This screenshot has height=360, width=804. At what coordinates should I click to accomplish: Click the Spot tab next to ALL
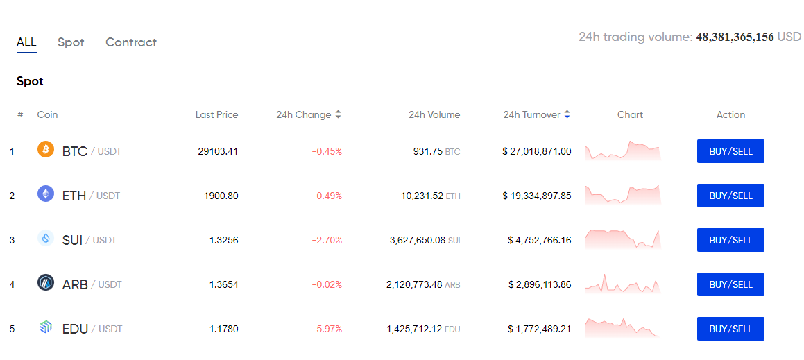(x=71, y=42)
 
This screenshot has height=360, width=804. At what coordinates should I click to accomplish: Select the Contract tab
(x=131, y=42)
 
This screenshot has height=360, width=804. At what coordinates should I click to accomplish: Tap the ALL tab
(x=26, y=42)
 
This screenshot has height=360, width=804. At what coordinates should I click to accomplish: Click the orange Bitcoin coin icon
(x=46, y=150)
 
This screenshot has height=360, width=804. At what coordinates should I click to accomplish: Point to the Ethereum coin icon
(x=46, y=194)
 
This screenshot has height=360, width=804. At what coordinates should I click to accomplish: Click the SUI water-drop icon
(x=46, y=239)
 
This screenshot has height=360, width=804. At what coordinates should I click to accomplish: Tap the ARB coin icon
(x=46, y=282)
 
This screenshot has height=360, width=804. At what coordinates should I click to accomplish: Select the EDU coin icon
(x=46, y=327)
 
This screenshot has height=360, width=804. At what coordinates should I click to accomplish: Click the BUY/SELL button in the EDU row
(x=730, y=329)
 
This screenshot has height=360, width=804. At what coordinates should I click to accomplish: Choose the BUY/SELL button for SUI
(x=730, y=240)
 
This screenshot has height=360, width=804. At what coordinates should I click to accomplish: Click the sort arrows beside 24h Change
(x=338, y=115)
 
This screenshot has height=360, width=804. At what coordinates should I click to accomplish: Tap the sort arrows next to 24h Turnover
(x=567, y=115)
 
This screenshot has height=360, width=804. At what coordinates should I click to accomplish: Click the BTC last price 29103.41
(x=218, y=151)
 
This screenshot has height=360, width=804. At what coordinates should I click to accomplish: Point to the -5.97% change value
(x=327, y=329)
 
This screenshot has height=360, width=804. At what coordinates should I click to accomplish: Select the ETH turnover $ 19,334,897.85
(x=537, y=196)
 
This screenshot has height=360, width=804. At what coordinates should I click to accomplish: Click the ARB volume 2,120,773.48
(x=414, y=284)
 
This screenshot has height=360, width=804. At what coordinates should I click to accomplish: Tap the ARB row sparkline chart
(x=623, y=284)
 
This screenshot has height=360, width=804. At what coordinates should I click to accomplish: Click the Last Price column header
(x=217, y=115)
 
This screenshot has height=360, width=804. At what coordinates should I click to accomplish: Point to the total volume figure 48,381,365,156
(x=735, y=37)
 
